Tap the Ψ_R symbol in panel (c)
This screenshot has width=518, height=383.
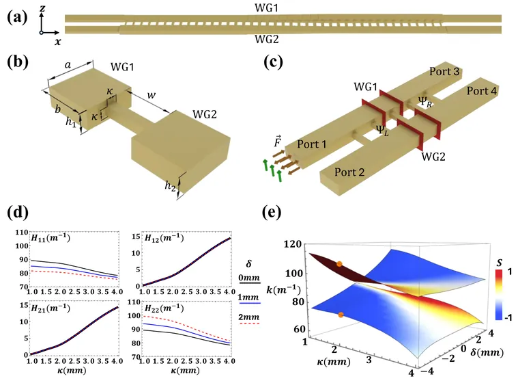[427, 100]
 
